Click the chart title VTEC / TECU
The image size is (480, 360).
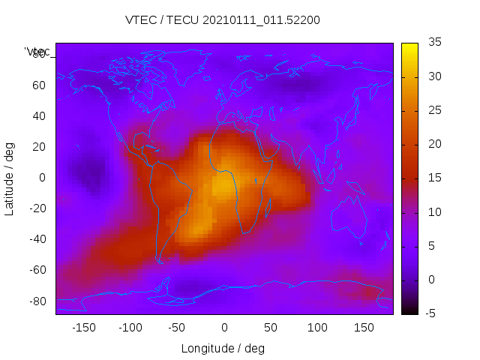tap(223, 20)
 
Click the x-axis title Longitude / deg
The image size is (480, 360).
tap(223, 349)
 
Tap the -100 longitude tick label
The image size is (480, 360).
tap(130, 328)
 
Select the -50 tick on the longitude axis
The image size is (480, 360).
tap(177, 328)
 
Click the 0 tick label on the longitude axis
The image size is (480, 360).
tap(223, 328)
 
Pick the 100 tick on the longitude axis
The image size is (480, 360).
tap(317, 328)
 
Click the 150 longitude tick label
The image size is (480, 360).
tap(364, 328)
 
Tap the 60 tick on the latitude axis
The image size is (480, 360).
tap(39, 85)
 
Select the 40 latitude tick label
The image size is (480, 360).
tap(39, 115)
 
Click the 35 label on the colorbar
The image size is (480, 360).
tap(433, 43)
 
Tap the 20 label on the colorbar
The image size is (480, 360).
tap(433, 144)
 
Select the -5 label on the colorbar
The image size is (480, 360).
tap(432, 313)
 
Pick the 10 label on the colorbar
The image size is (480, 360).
tap(433, 212)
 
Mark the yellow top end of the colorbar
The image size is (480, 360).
tap(409, 46)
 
